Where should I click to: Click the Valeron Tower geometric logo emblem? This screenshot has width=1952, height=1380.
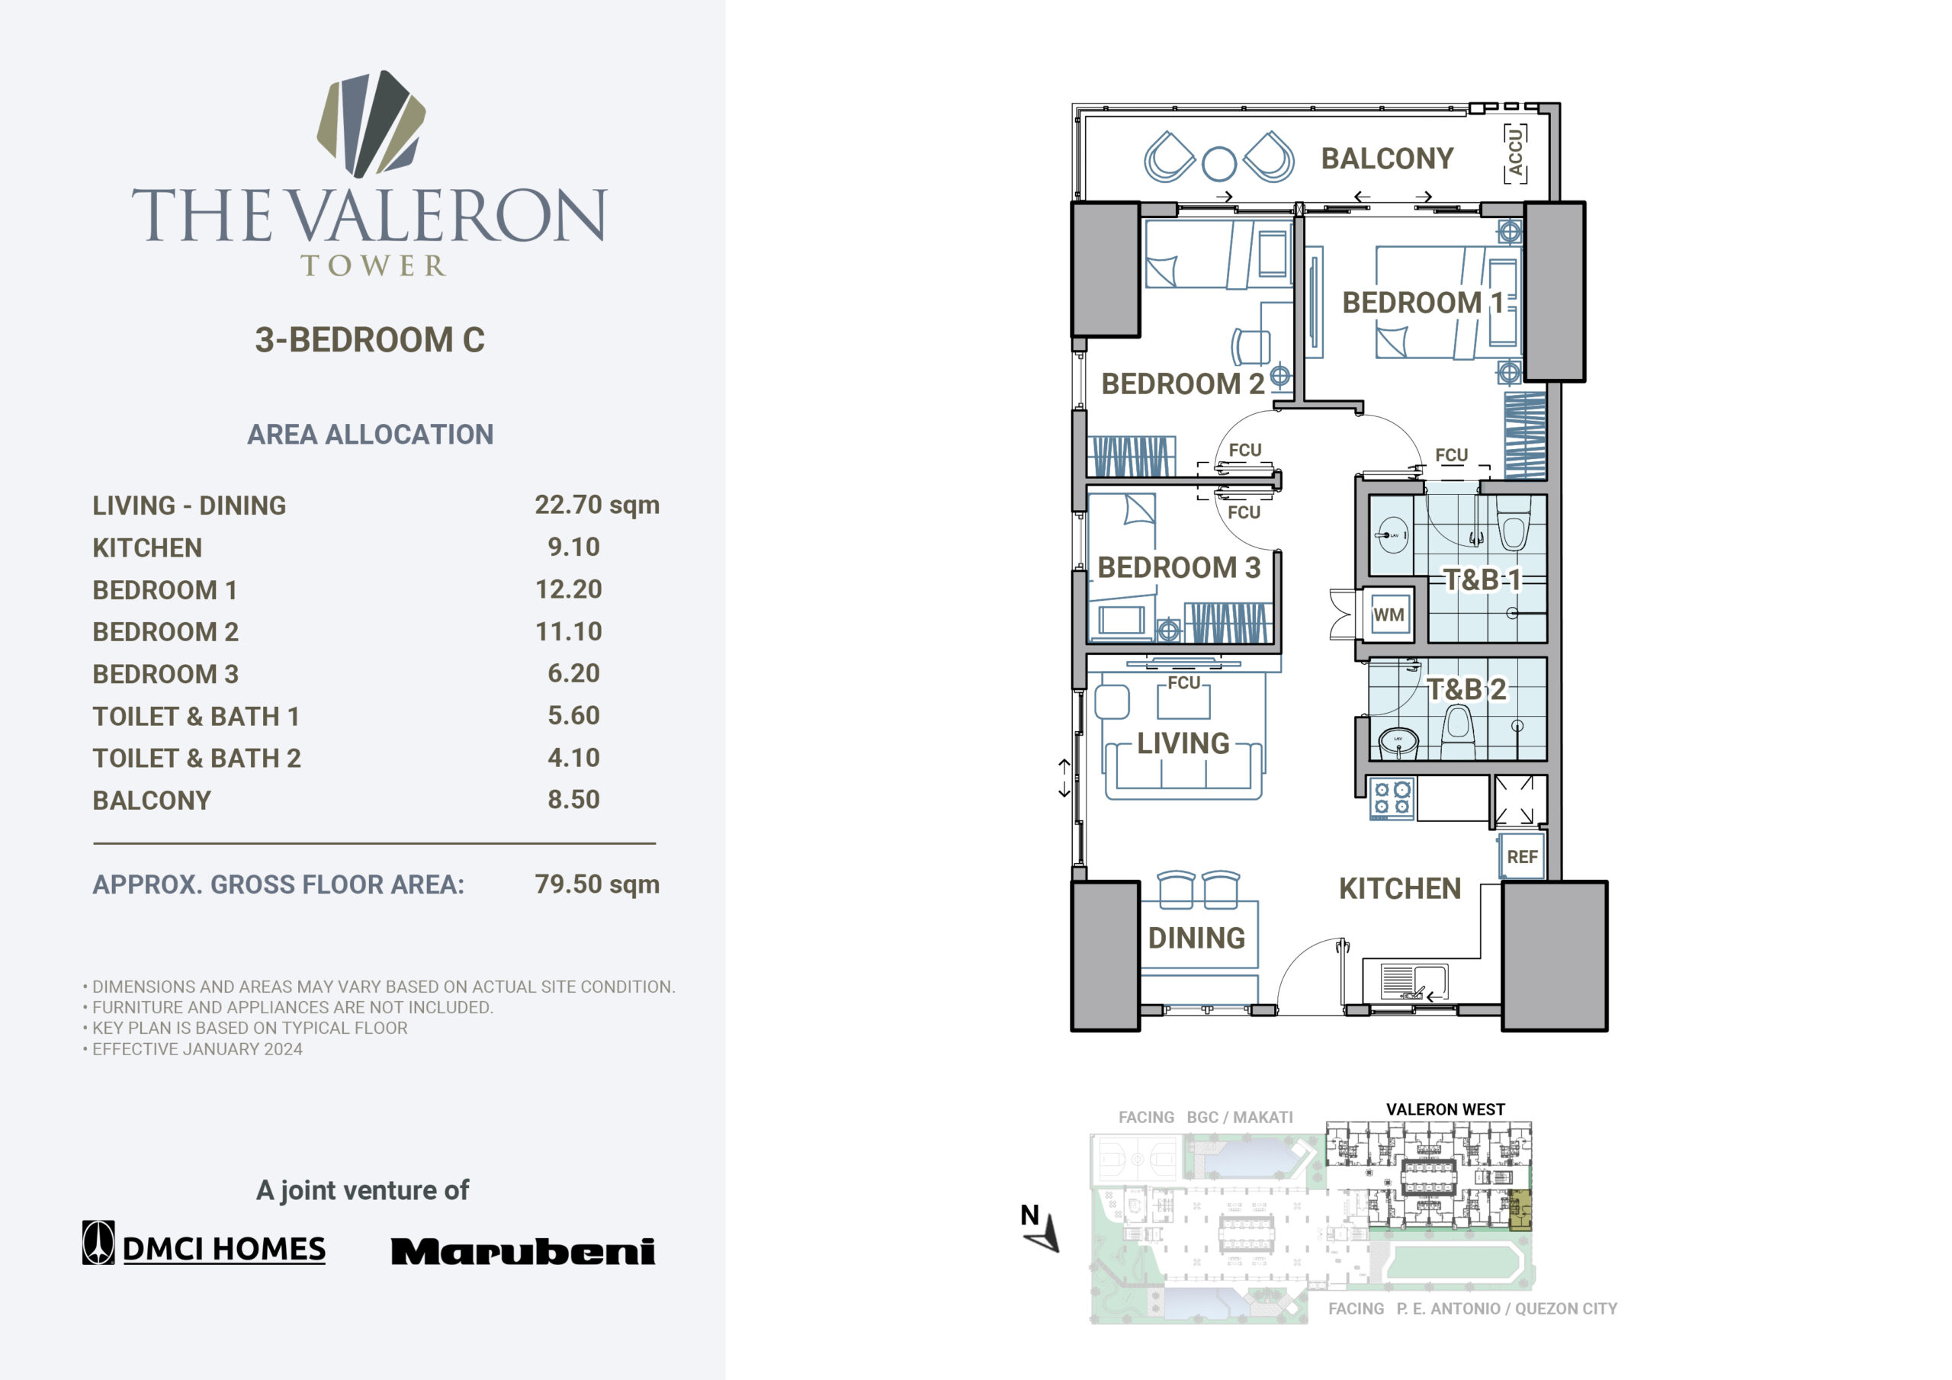click(371, 124)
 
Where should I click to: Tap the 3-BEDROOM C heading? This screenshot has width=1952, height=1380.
click(370, 340)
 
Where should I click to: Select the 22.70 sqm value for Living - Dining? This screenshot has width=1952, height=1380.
click(597, 505)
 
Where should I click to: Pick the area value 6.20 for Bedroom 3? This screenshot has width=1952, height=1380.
click(574, 673)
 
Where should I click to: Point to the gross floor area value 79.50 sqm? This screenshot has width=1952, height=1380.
click(597, 884)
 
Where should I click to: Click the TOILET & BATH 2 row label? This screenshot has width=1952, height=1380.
click(197, 759)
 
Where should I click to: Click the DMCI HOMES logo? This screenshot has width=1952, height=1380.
click(204, 1243)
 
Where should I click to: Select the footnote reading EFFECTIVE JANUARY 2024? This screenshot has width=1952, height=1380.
click(197, 1049)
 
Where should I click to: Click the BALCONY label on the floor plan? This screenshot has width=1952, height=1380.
click(1388, 159)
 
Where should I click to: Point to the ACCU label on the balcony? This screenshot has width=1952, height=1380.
click(1515, 154)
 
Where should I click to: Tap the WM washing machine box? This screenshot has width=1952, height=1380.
click(1389, 614)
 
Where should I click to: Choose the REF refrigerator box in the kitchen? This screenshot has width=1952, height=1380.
click(1522, 856)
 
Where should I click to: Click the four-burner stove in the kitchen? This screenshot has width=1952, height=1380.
click(1392, 799)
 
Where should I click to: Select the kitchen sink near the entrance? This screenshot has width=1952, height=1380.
click(1414, 982)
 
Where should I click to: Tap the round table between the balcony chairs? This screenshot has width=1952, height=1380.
click(1219, 164)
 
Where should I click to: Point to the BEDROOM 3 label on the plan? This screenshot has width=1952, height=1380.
click(1179, 568)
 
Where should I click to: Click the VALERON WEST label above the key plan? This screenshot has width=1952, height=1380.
click(1445, 1109)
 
